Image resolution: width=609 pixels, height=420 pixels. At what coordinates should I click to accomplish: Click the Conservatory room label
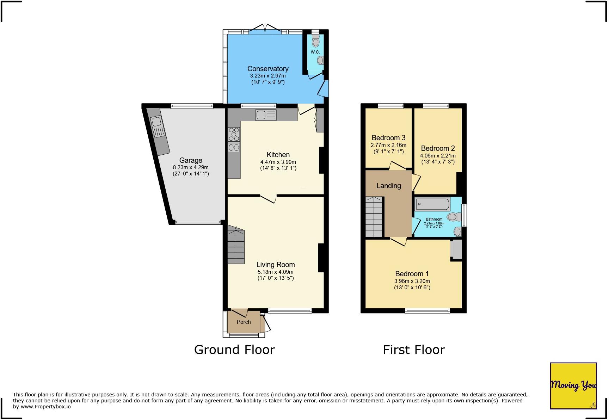pyautogui.click(x=268, y=69)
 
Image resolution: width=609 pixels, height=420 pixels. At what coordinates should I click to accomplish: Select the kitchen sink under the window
pyautogui.click(x=266, y=115)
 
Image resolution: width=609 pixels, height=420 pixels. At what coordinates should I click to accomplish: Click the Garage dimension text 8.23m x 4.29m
pyautogui.click(x=191, y=167)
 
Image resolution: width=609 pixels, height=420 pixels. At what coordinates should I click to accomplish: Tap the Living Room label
pyautogui.click(x=275, y=265)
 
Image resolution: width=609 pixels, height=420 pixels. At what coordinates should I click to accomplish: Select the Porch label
pyautogui.click(x=244, y=322)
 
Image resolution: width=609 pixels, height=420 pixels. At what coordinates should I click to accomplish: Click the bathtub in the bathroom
pyautogui.click(x=432, y=204)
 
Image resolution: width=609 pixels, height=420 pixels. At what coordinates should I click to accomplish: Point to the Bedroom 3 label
pyautogui.click(x=388, y=138)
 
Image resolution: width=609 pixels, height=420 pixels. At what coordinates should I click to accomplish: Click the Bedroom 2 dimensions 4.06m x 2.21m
pyautogui.click(x=438, y=156)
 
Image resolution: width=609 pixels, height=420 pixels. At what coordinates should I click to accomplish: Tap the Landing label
pyautogui.click(x=388, y=186)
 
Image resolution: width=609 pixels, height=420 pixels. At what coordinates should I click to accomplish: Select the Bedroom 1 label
pyautogui.click(x=412, y=274)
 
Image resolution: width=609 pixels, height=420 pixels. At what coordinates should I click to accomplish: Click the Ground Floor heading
pyautogui.click(x=234, y=350)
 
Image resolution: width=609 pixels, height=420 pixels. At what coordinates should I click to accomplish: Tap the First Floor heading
pyautogui.click(x=414, y=350)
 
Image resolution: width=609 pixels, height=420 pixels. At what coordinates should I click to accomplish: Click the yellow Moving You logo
pyautogui.click(x=573, y=386)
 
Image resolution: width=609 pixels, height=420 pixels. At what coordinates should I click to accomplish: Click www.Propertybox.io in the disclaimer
pyautogui.click(x=45, y=407)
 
